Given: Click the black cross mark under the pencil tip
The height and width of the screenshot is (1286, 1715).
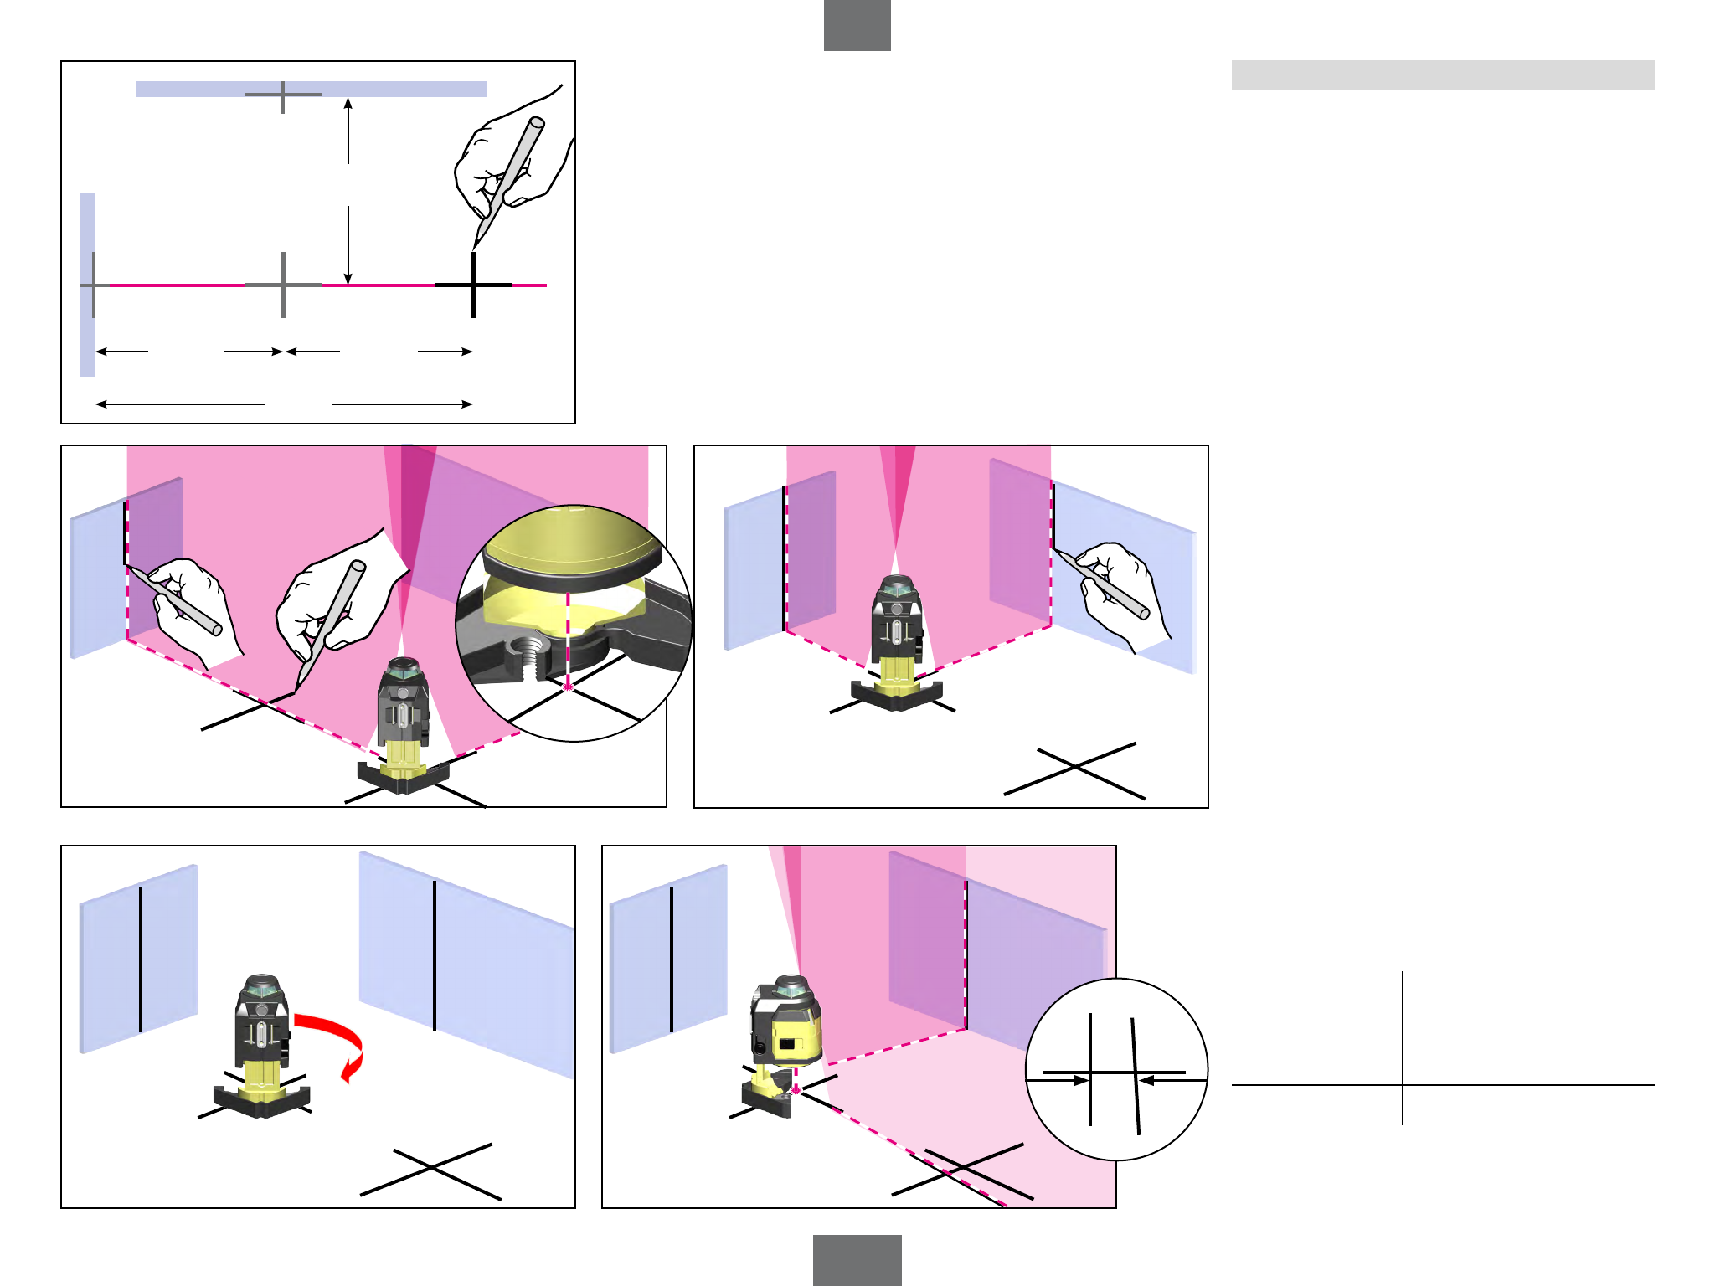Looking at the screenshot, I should (474, 285).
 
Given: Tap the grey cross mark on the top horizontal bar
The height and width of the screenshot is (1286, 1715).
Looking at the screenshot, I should (283, 95).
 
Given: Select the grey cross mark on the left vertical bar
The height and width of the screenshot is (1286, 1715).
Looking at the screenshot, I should (94, 285).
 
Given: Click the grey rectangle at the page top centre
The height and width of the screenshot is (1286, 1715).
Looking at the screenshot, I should (857, 25).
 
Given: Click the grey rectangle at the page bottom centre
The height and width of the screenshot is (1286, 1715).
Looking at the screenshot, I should (857, 1260).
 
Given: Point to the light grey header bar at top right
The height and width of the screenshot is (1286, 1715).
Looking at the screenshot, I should (1442, 75).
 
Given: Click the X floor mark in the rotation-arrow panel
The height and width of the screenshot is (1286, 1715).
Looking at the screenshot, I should (430, 1170).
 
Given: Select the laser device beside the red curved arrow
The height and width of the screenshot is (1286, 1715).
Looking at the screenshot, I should (262, 1047).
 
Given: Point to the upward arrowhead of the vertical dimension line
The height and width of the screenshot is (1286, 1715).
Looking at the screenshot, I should (348, 102).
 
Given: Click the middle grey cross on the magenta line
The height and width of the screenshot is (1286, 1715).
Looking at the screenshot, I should (283, 285).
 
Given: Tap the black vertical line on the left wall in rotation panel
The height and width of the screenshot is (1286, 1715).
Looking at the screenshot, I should (141, 959).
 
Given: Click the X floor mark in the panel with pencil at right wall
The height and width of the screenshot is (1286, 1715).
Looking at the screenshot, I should (1074, 768).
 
